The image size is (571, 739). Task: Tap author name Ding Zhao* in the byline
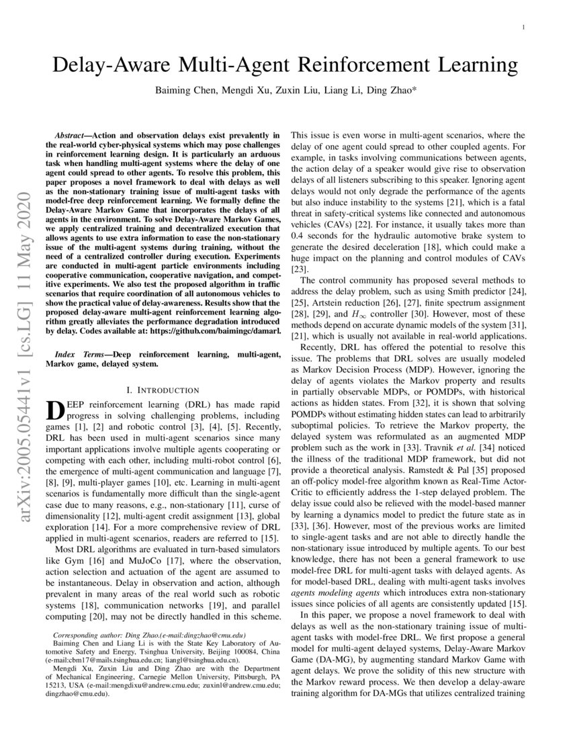point(392,90)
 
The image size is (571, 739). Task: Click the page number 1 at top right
point(523,28)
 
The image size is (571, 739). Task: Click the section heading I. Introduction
point(163,390)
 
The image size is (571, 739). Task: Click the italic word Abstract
point(75,135)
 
